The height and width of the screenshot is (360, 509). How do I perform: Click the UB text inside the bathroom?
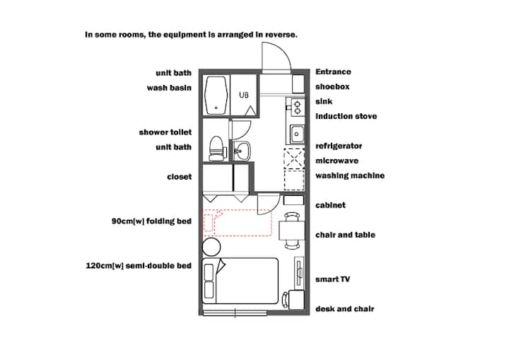[244, 95]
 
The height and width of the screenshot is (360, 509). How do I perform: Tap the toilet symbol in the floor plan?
[217, 148]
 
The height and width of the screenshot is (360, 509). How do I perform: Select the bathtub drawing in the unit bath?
[216, 95]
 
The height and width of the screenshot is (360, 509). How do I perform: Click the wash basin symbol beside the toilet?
[241, 151]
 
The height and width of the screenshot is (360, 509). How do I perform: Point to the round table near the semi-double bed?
[211, 247]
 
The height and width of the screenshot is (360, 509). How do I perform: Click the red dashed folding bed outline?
[237, 222]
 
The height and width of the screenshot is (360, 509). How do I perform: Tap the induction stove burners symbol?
[298, 108]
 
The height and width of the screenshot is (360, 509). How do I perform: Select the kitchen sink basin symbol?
[296, 134]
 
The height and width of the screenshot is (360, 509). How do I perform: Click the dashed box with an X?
[294, 158]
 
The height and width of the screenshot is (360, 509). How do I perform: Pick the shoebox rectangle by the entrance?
[298, 84]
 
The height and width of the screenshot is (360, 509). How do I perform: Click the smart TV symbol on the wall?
[299, 272]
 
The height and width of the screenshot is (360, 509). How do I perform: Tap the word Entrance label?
[333, 72]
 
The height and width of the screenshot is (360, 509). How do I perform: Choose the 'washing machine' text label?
[350, 175]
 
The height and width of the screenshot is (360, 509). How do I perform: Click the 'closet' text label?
[179, 177]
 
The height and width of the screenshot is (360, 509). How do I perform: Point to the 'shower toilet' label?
[165, 132]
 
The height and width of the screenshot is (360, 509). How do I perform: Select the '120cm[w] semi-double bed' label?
[139, 266]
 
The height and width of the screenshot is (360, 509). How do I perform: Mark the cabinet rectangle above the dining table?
[293, 200]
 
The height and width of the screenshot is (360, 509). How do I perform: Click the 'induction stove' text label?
[346, 116]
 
